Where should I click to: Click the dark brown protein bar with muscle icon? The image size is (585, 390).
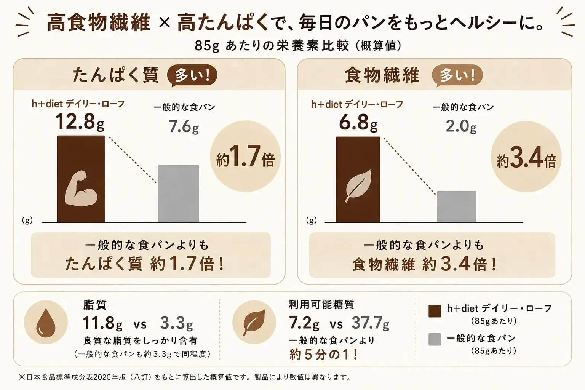click(x=81, y=179)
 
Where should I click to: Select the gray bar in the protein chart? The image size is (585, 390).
click(x=179, y=193)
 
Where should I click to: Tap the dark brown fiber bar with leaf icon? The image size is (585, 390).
click(x=358, y=179)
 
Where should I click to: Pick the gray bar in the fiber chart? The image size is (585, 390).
click(x=457, y=207)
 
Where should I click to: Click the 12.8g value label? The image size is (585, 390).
click(x=80, y=122)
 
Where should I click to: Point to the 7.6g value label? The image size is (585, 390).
click(x=184, y=126)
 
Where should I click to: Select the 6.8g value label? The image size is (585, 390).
click(x=358, y=122)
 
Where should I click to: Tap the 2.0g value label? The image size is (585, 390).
click(x=461, y=126)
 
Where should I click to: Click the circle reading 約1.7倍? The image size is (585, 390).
click(x=245, y=156)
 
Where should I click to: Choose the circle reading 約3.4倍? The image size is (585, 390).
click(x=526, y=157)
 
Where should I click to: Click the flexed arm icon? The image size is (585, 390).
click(x=81, y=189)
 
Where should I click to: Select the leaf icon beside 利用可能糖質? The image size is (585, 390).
click(x=254, y=322)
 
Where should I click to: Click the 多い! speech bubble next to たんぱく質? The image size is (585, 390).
click(x=192, y=75)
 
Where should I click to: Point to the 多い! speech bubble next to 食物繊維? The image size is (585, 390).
click(x=457, y=75)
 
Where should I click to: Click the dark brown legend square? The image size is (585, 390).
click(x=435, y=311)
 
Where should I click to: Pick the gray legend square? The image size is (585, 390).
click(x=435, y=339)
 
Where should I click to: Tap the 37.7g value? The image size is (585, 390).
click(x=370, y=323)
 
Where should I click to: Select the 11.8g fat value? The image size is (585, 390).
click(x=102, y=323)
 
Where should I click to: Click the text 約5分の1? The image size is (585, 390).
click(x=323, y=355)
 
